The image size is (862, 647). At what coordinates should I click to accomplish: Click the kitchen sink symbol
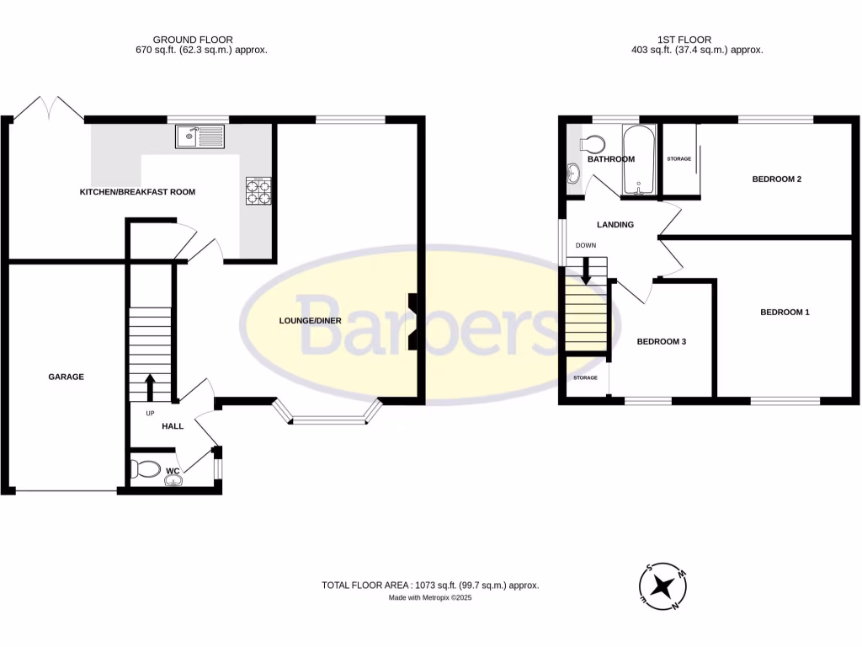pos(200,136)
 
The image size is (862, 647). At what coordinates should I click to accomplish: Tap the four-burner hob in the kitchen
pos(259,191)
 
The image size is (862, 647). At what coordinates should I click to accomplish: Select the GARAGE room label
pos(66,377)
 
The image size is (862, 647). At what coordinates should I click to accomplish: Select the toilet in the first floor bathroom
pos(594,144)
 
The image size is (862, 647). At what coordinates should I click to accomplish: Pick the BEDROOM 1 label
pos(785,313)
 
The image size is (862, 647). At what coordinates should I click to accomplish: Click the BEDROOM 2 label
pos(775,179)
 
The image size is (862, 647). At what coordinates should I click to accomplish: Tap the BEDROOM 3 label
pos(662,341)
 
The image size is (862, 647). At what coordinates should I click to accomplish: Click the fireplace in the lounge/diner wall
pos(413,321)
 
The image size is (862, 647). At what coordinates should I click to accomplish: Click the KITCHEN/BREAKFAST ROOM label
pos(137,192)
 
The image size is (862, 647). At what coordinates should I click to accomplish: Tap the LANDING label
pos(615,225)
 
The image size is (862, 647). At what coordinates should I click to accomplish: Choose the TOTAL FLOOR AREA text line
pos(430,585)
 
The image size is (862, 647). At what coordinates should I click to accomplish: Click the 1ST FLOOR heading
pos(684,40)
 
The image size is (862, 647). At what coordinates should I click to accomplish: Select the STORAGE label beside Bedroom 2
pos(678,158)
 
